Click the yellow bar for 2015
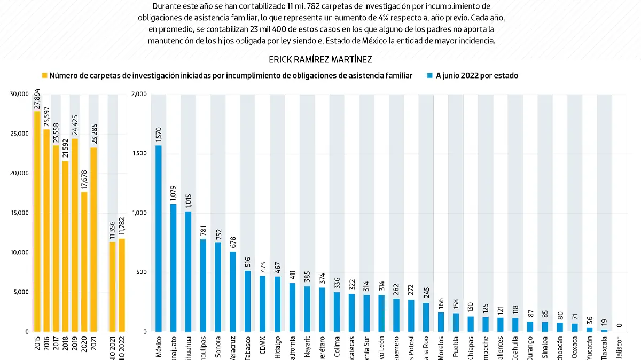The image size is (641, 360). tap(37, 222)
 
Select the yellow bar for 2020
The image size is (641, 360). tap(84, 262)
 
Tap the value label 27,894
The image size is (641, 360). tap(37, 99)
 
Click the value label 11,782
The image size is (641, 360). tap(121, 226)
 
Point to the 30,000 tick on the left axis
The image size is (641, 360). tap(19, 94)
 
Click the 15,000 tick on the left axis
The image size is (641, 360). tap(19, 213)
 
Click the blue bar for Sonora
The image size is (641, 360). tap(218, 287)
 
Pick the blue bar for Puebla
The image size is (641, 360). tap(455, 322)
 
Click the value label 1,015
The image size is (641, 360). tap(188, 201)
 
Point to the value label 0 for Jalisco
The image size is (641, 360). tap(619, 325)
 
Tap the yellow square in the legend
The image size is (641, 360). tap(45, 76)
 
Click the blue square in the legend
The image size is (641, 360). tap(430, 76)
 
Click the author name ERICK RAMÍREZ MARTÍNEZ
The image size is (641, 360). tap(320, 59)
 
